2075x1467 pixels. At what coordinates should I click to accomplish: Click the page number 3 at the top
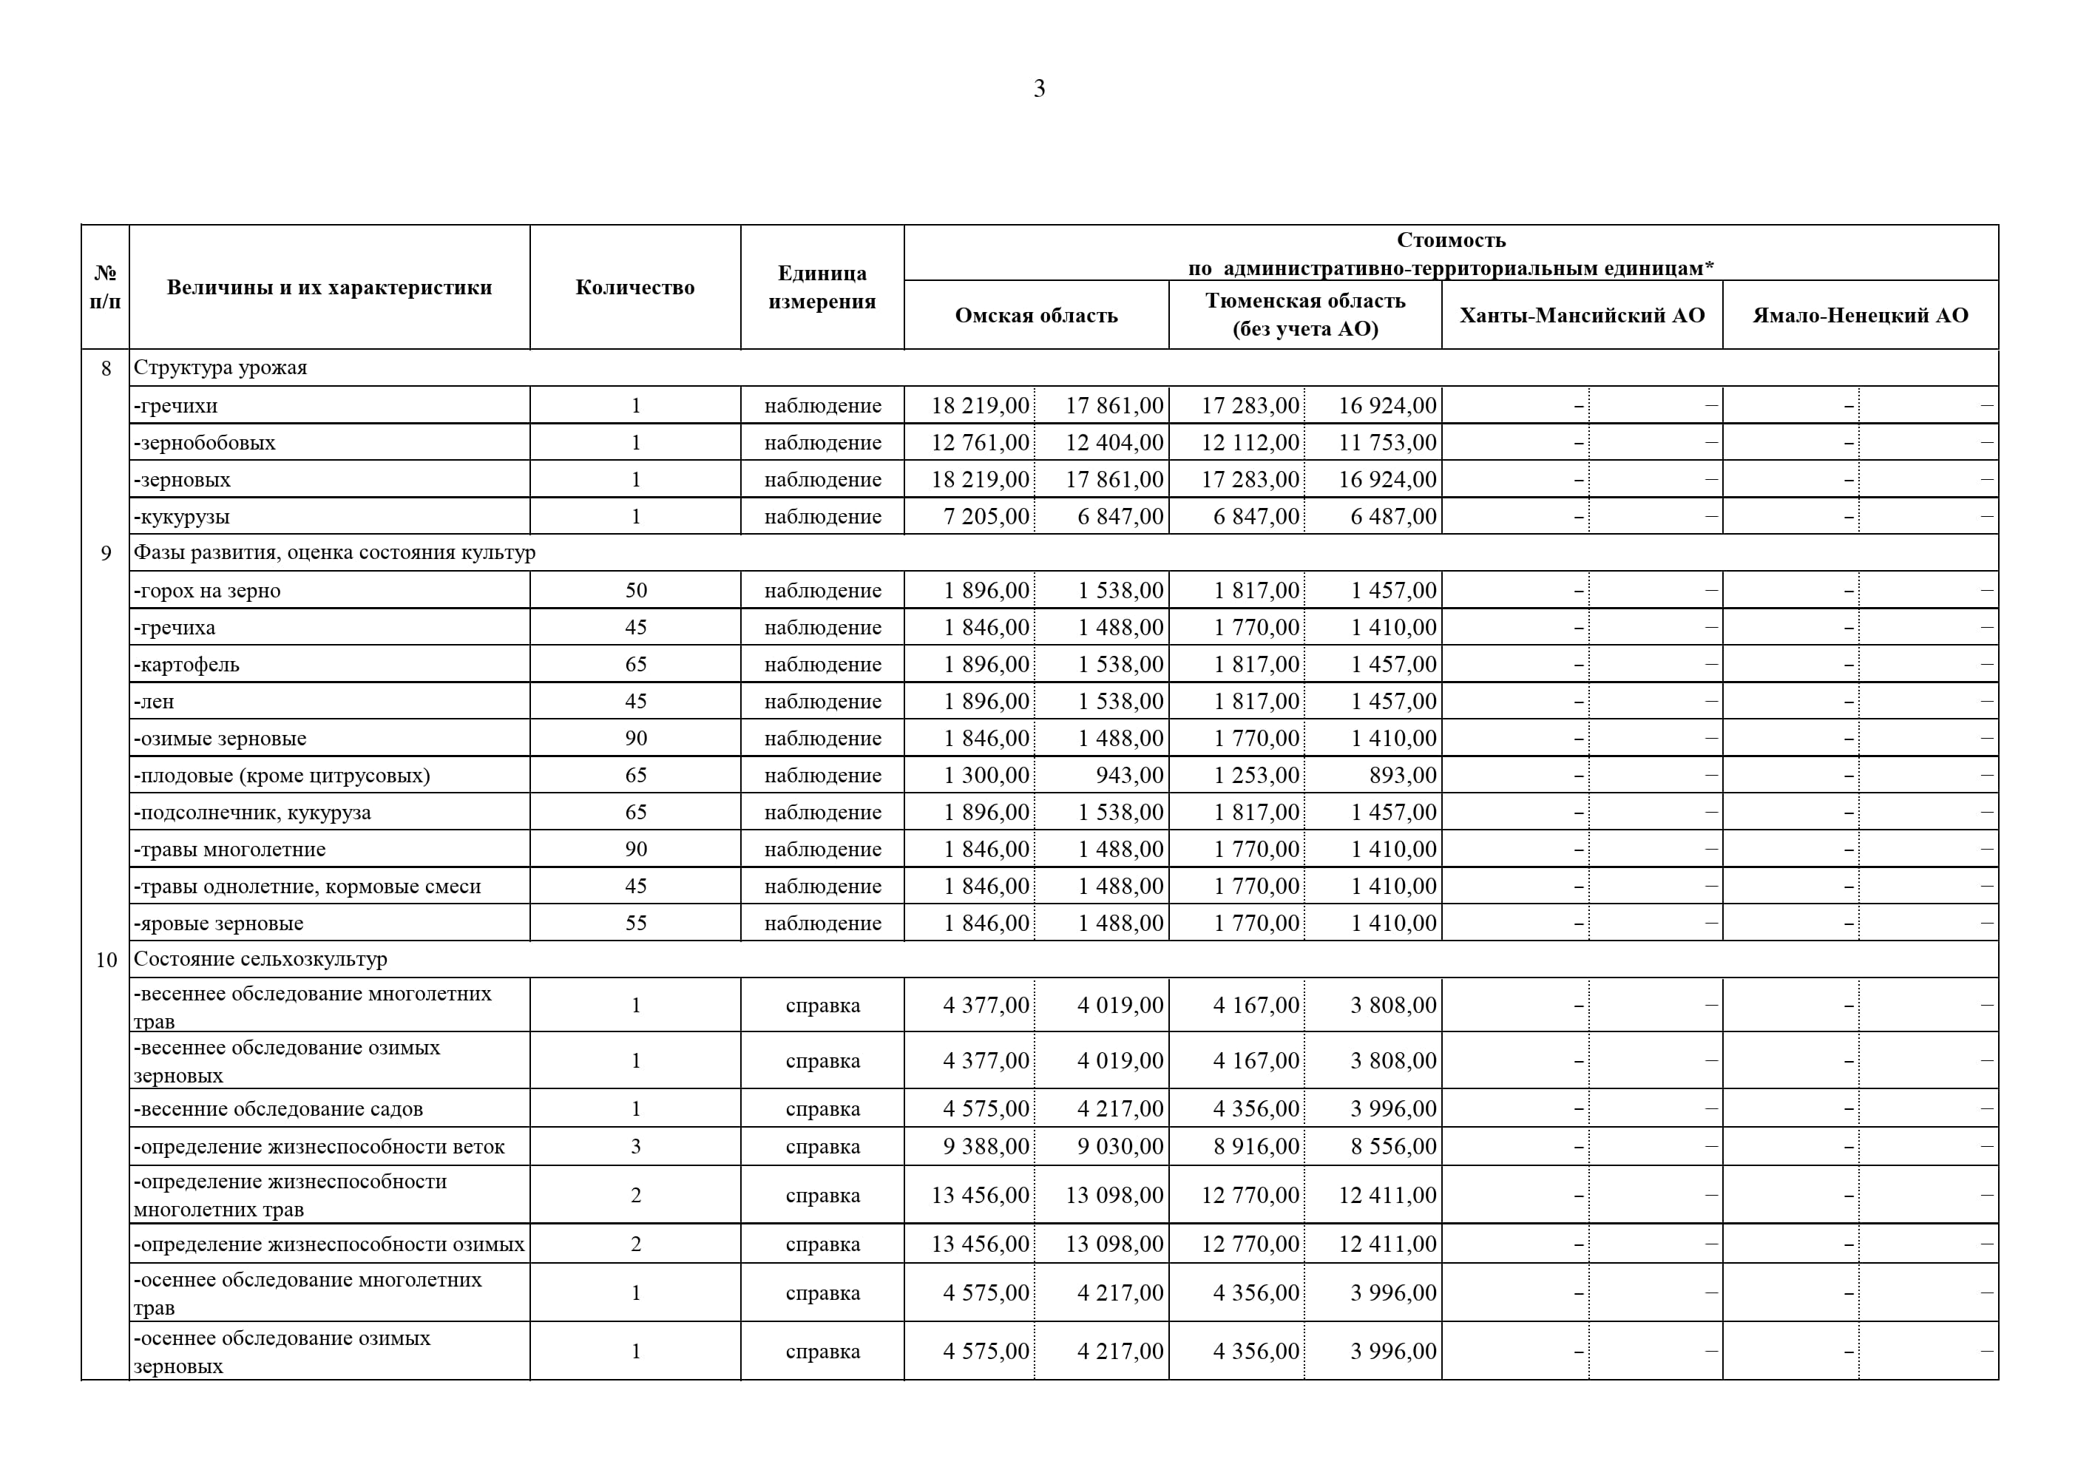1038,89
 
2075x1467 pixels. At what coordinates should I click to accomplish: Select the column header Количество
634,288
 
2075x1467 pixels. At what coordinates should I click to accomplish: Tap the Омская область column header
1036,316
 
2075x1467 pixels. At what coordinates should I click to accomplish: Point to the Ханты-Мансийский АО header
1582,316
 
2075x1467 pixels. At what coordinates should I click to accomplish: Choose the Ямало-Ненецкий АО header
1860,316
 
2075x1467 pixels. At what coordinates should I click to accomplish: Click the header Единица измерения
822,288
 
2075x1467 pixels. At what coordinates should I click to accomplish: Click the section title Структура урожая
220,368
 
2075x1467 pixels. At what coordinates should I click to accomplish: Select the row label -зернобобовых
204,443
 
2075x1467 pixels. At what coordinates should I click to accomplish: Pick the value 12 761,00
980,443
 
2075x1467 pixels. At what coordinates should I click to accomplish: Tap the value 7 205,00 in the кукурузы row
986,517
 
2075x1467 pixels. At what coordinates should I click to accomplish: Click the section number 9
106,553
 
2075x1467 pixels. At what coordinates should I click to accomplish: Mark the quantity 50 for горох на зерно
635,591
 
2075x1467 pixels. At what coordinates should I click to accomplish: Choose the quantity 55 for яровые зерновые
635,924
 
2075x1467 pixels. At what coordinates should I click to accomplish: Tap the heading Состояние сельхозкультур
260,960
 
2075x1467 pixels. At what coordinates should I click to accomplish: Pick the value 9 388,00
985,1147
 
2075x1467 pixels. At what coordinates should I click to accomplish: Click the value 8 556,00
1392,1147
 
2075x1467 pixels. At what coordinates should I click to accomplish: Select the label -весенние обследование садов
278,1109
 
